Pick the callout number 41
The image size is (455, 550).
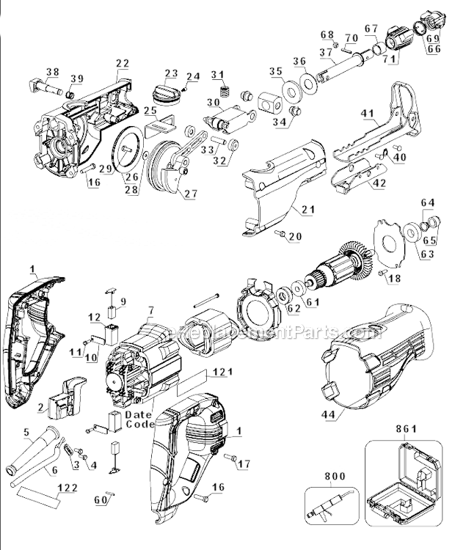point(368,114)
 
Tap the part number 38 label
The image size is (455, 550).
point(52,71)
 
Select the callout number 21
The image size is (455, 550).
point(307,210)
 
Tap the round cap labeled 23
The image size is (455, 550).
point(167,94)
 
